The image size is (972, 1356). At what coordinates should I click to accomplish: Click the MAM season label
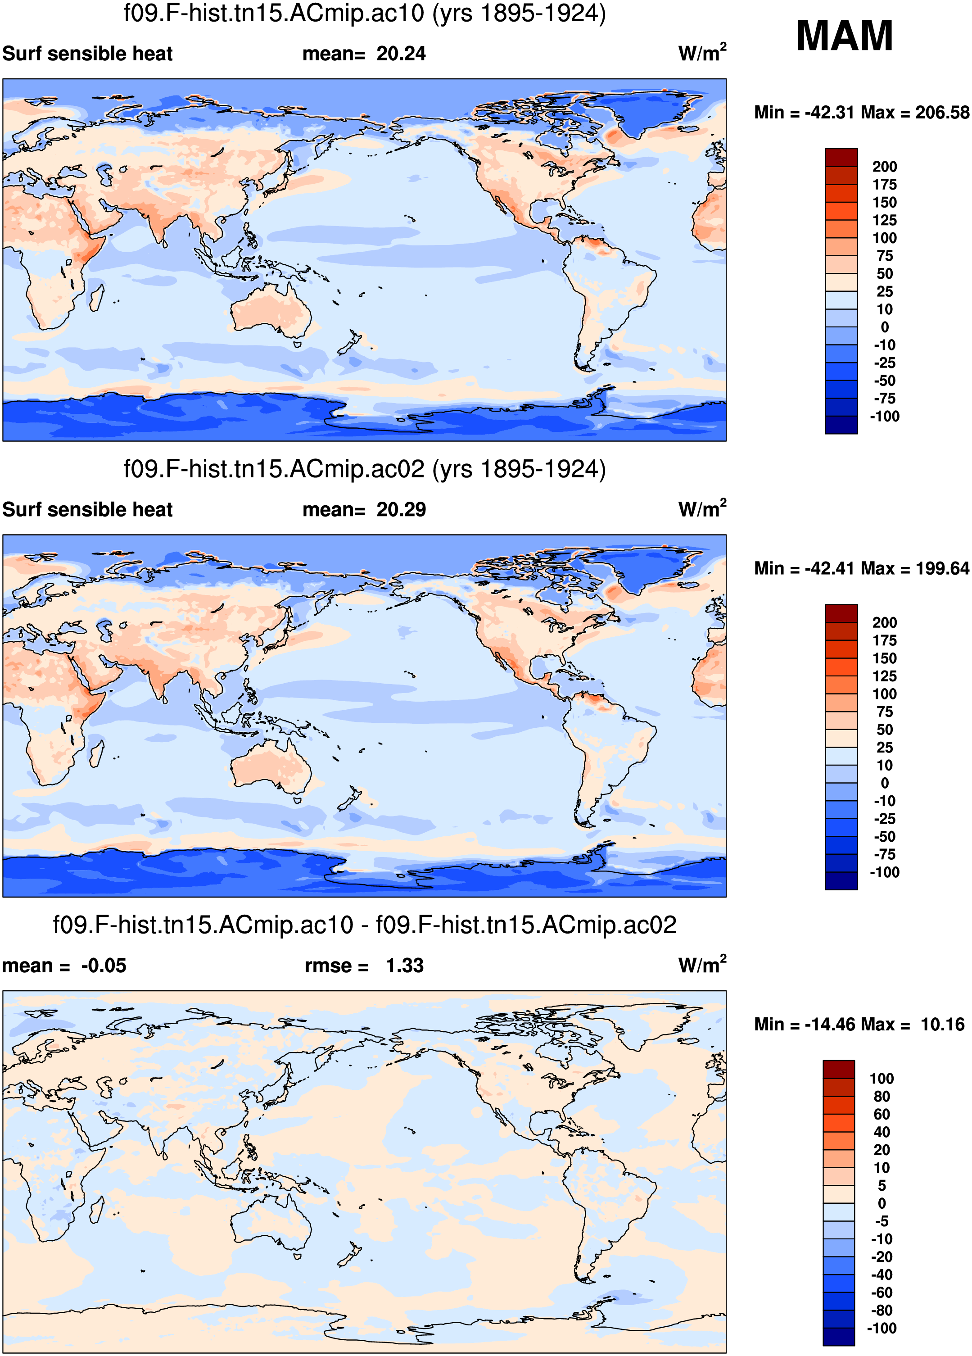[x=844, y=36]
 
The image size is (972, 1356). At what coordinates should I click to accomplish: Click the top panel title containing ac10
[x=365, y=13]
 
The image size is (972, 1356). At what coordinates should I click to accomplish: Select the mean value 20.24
[x=401, y=54]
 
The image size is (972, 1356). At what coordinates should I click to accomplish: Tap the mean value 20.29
[x=401, y=510]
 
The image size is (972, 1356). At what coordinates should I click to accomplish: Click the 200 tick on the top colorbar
[x=884, y=167]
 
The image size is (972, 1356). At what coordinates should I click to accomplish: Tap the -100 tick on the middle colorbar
[x=884, y=872]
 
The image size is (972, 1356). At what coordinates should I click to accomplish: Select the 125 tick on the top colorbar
[x=884, y=221]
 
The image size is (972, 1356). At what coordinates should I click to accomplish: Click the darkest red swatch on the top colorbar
[x=841, y=157]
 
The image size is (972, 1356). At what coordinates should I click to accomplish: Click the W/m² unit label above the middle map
[x=702, y=509]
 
